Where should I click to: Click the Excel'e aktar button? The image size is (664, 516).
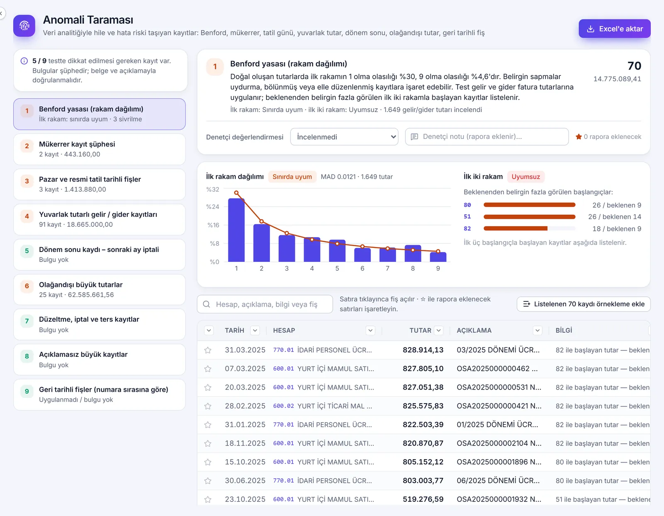[614, 29]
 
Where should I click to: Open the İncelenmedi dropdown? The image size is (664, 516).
[344, 137]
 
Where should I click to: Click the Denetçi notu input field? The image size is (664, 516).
[486, 137]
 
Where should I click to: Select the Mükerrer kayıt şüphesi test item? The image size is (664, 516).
[99, 149]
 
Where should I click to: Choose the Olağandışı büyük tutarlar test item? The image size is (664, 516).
[99, 290]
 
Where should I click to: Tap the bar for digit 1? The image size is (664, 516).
[236, 230]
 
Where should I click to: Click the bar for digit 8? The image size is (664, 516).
[413, 253]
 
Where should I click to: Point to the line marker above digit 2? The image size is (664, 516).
[261, 221]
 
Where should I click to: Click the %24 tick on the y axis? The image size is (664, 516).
[213, 207]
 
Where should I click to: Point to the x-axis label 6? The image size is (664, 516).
[362, 269]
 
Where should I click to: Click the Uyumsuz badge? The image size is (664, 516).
[525, 177]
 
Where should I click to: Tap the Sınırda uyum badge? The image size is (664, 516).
[292, 177]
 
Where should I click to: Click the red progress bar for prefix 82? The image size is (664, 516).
[515, 228]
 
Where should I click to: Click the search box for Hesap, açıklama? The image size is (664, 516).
[265, 304]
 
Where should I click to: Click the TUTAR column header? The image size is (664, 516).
[420, 330]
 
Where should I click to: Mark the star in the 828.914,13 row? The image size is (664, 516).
[208, 350]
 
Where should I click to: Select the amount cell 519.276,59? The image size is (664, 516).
[423, 499]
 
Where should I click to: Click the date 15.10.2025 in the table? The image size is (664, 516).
[245, 462]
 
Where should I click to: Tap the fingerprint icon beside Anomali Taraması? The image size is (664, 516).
[24, 26]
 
